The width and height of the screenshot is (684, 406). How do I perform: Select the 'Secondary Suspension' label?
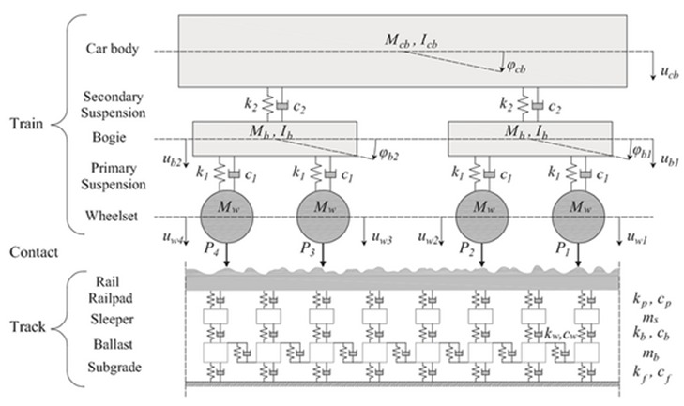[x=114, y=104]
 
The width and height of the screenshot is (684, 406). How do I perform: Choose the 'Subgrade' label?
[x=114, y=367]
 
